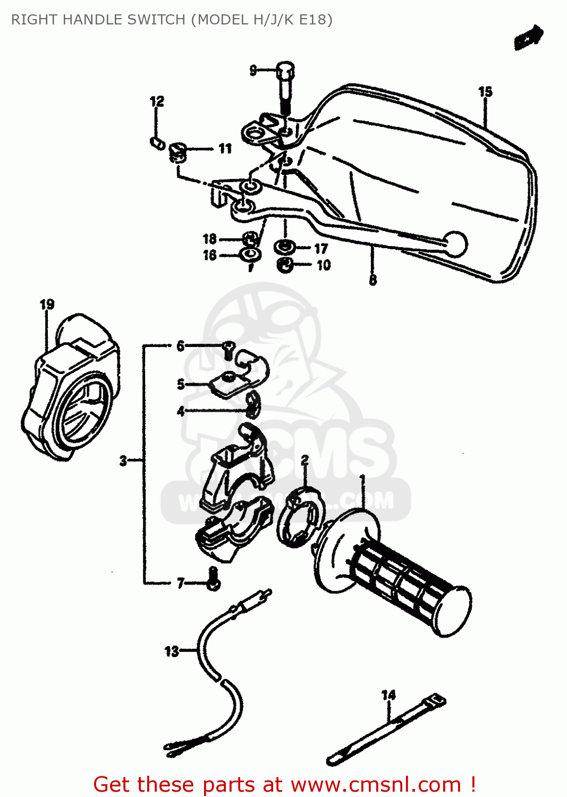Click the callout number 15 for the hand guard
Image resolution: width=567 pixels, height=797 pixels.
[x=485, y=92]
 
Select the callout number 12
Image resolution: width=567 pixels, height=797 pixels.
[x=157, y=101]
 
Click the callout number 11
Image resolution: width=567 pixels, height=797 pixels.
[x=225, y=149]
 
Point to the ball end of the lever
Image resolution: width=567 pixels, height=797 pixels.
[x=455, y=244]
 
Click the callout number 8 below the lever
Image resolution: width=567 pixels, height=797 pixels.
[x=373, y=279]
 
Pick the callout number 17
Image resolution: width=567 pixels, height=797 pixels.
[x=321, y=249]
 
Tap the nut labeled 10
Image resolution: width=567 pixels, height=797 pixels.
[x=285, y=264]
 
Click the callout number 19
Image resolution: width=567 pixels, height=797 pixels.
[x=47, y=304]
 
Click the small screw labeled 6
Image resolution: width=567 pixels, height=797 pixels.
[x=229, y=348]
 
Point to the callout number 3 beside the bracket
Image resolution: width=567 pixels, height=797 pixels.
[x=123, y=461]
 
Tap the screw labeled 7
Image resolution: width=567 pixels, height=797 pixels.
[x=213, y=580]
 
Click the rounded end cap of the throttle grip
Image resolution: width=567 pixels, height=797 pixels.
[x=455, y=611]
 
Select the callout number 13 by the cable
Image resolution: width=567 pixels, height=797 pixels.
[x=172, y=651]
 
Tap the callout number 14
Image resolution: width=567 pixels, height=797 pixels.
[x=388, y=695]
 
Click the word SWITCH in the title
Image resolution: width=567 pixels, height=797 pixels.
[x=153, y=20]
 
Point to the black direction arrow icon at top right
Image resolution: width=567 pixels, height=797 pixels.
[x=528, y=38]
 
